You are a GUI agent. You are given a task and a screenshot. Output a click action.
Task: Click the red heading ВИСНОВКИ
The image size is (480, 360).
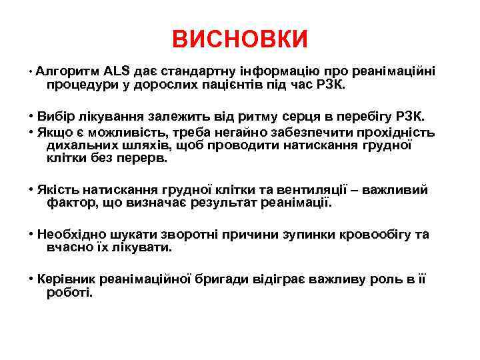[240, 39]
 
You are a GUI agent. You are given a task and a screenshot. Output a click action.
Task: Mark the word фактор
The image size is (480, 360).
[71, 203]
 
